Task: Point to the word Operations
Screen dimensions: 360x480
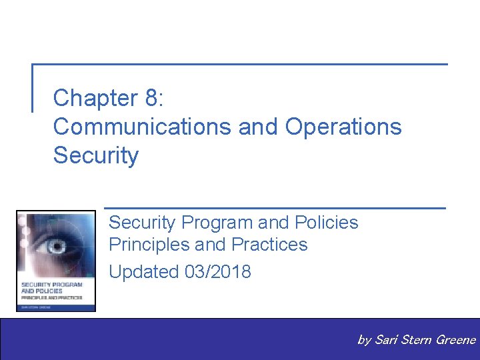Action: pos(343,127)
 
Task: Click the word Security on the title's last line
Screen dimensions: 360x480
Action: pos(96,155)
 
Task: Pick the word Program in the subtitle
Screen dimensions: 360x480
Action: pos(215,222)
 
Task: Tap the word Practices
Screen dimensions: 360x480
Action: pos(269,245)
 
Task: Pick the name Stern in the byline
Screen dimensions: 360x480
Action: pos(417,340)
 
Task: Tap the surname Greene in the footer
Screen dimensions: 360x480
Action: pos(455,340)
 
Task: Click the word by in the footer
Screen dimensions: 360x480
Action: pos(364,340)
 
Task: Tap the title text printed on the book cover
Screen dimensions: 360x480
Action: pos(51,288)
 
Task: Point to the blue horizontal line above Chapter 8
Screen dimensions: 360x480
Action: pos(240,65)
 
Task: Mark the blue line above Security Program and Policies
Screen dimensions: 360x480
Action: pos(275,208)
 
